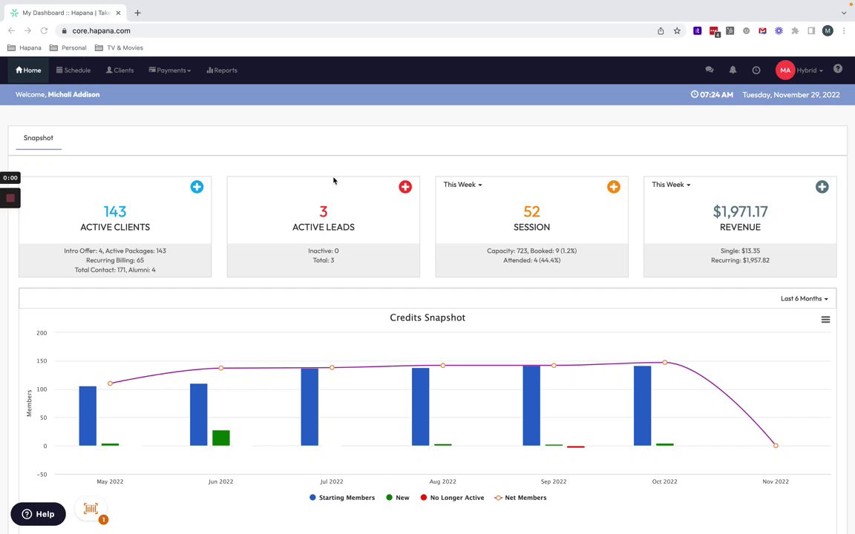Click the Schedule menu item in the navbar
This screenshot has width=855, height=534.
click(x=73, y=70)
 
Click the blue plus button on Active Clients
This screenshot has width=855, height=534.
click(x=197, y=187)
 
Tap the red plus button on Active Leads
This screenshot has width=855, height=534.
click(x=405, y=187)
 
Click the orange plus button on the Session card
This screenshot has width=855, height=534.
click(x=614, y=187)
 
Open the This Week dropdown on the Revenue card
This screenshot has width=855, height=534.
click(x=671, y=185)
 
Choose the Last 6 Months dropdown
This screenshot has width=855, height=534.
click(x=804, y=299)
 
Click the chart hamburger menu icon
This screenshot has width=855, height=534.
click(x=825, y=320)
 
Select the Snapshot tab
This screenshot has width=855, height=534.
click(x=39, y=138)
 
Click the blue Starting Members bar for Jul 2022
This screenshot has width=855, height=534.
click(x=309, y=407)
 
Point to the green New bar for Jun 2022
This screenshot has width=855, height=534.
click(x=220, y=438)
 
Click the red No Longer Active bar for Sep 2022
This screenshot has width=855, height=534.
click(x=575, y=446)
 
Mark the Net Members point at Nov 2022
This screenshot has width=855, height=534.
click(x=776, y=446)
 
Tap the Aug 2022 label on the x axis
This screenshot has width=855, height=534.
click(x=443, y=481)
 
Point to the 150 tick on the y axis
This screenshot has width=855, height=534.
click(x=42, y=361)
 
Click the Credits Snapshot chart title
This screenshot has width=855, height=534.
click(x=427, y=317)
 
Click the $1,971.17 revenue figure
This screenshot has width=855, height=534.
click(x=740, y=212)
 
